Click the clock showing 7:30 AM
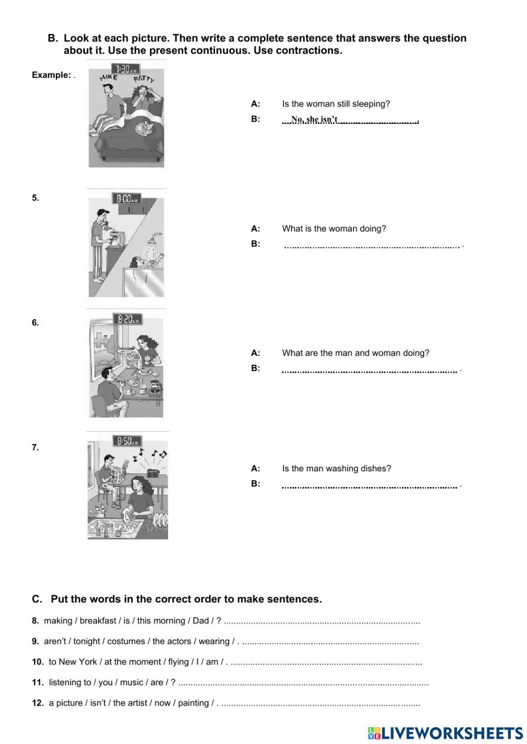coord(125,70)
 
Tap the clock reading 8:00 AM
coord(126,199)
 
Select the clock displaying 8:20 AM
coord(127,319)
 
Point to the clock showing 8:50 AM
coord(127,441)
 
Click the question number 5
coord(35,198)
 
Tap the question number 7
coord(35,448)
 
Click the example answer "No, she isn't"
coord(314,120)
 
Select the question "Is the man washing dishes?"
coord(336,469)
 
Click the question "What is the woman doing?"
coord(334,229)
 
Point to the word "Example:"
coord(51,75)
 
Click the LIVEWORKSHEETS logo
coord(445,733)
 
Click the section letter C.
coord(36,599)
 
